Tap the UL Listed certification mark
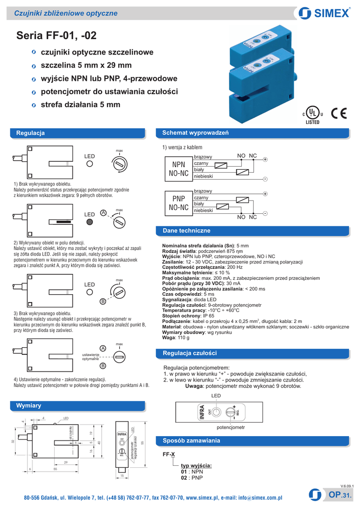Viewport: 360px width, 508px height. [x=312, y=114]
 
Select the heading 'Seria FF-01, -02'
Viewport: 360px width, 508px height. [x=56, y=35]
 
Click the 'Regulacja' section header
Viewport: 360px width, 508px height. [x=31, y=133]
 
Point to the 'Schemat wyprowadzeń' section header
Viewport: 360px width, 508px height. [x=192, y=133]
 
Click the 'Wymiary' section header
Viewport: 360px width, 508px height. [x=29, y=405]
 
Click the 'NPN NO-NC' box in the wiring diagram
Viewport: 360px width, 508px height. [x=178, y=169]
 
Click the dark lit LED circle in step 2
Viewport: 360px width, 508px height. [x=89, y=222]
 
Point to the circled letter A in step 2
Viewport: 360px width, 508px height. [x=103, y=213]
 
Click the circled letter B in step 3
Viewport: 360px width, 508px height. [x=103, y=301]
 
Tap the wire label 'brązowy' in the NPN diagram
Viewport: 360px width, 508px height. [x=203, y=157]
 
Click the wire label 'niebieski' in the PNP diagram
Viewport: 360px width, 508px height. [x=204, y=210]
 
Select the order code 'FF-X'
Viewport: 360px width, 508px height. [x=169, y=454]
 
